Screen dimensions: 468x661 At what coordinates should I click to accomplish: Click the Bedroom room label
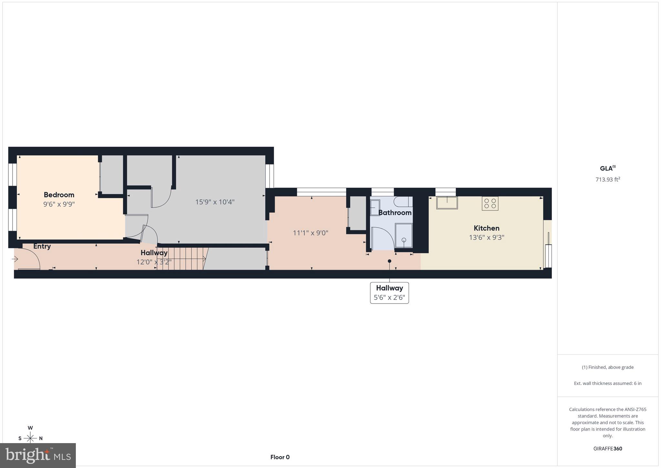pyautogui.click(x=59, y=195)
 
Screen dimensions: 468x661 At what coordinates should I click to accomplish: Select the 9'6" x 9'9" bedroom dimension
pyautogui.click(x=59, y=204)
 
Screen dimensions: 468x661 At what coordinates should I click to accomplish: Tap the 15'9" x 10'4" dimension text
pyautogui.click(x=215, y=202)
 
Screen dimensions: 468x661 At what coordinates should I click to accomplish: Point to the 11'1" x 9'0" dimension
pyautogui.click(x=310, y=233)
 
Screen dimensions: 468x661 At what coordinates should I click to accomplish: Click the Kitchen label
pyautogui.click(x=486, y=228)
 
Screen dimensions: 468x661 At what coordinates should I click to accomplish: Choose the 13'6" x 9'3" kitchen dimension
pyautogui.click(x=486, y=238)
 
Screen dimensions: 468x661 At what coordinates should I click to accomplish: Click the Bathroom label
pyautogui.click(x=395, y=213)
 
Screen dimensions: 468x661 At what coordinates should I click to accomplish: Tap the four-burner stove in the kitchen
pyautogui.click(x=490, y=203)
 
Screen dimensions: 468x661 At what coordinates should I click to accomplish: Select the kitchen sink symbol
pyautogui.click(x=447, y=203)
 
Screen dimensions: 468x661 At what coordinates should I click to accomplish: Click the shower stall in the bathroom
pyautogui.click(x=404, y=235)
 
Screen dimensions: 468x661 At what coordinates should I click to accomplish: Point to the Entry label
pyautogui.click(x=42, y=246)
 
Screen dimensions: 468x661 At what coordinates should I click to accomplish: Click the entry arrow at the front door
pyautogui.click(x=15, y=259)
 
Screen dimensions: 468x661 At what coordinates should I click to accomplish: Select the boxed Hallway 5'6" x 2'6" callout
pyautogui.click(x=389, y=293)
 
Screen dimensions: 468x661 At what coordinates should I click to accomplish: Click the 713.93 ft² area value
pyautogui.click(x=608, y=179)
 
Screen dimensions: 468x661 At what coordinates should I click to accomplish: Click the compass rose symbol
pyautogui.click(x=30, y=438)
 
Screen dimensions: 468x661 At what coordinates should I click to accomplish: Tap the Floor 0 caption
pyautogui.click(x=280, y=457)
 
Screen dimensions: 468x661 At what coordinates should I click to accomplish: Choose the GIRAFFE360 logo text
pyautogui.click(x=608, y=449)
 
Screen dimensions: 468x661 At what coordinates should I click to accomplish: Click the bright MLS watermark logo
pyautogui.click(x=38, y=455)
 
